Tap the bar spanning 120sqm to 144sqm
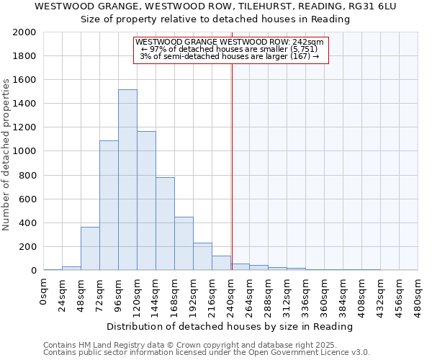point(146,201)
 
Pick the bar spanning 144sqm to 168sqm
point(165,224)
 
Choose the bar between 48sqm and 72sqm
point(90,248)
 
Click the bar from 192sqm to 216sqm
point(202,256)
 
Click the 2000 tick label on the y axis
point(24,32)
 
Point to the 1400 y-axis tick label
point(24,104)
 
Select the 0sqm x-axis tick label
point(44,292)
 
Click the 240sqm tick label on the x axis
point(230,296)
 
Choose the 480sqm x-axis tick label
point(418,296)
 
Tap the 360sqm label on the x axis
point(324,296)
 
